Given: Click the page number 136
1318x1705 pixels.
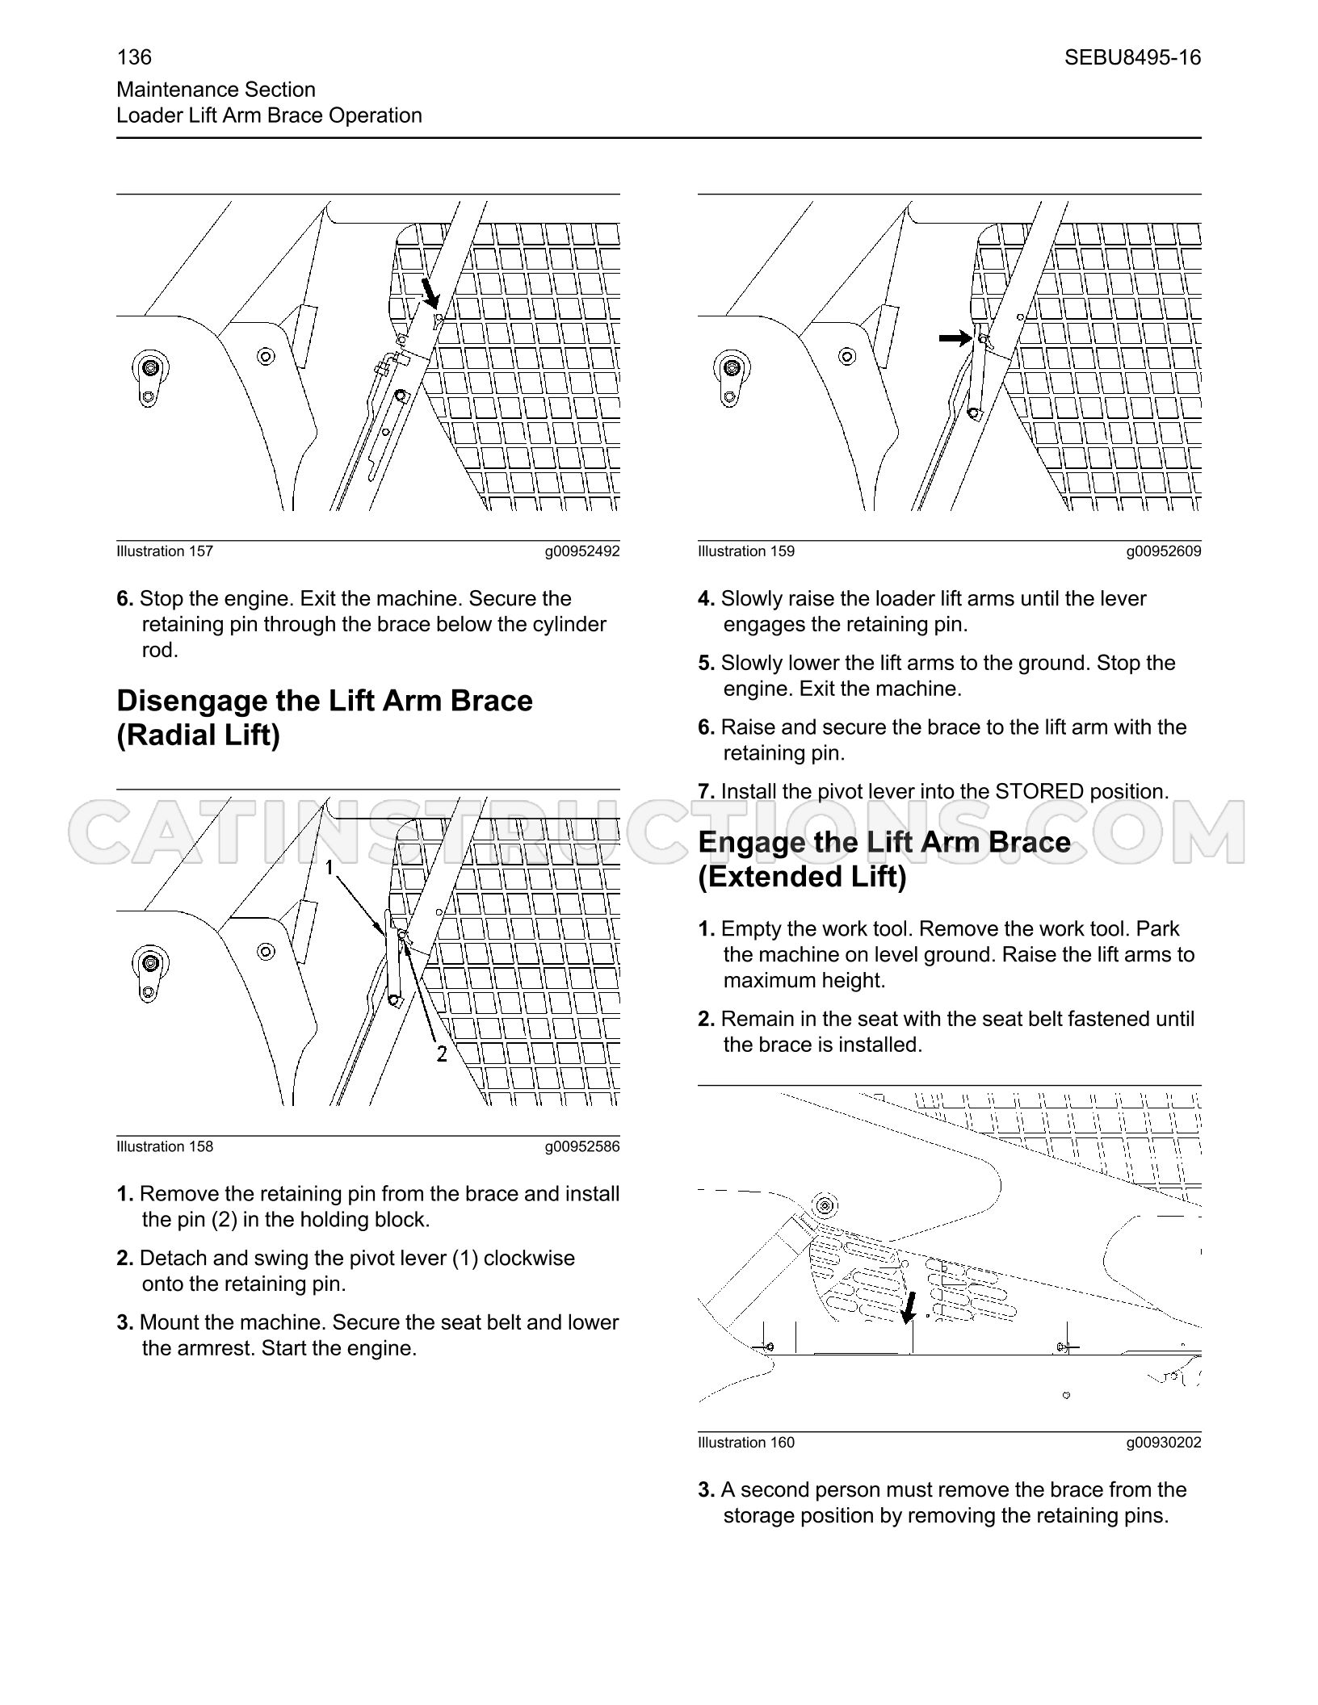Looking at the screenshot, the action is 134,57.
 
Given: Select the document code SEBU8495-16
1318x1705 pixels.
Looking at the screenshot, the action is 1132,57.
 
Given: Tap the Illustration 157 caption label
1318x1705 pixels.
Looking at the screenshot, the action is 165,551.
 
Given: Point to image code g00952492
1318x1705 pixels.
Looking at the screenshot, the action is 581,551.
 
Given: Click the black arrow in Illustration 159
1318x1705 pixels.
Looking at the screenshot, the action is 955,338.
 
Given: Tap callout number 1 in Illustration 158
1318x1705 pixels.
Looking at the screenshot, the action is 329,867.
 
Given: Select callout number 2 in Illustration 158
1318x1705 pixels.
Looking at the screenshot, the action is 441,1054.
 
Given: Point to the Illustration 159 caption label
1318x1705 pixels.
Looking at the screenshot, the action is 746,551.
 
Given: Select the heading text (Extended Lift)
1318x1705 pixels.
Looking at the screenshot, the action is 802,877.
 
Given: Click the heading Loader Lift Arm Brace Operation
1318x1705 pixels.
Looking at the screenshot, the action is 270,115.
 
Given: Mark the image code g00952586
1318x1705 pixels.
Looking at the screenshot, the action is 581,1147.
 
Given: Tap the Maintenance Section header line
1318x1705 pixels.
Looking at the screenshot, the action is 216,90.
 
